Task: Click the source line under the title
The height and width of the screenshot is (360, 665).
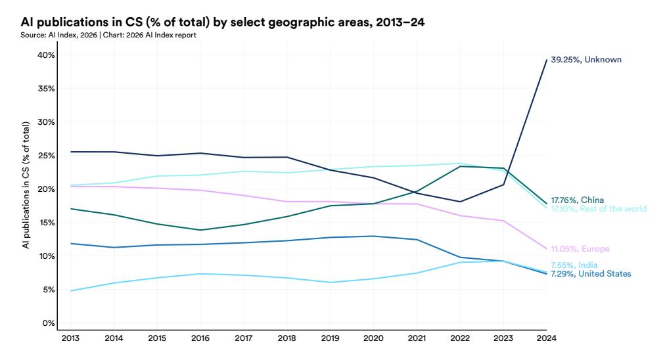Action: coord(108,35)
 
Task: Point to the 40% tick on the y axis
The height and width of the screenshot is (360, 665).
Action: coord(45,55)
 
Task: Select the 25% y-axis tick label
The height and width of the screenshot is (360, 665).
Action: coord(45,156)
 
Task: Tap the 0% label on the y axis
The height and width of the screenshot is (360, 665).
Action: coord(48,323)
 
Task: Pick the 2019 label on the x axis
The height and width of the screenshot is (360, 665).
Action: coord(330,338)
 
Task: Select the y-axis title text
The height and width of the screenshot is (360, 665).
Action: coord(26,185)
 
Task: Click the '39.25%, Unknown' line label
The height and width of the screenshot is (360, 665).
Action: coord(585,60)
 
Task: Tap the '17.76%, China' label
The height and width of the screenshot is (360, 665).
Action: coord(577,200)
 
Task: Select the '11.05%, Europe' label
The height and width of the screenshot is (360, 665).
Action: coord(580,249)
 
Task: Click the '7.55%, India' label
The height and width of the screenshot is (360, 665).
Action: coord(574,265)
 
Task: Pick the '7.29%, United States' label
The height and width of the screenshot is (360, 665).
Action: coord(590,273)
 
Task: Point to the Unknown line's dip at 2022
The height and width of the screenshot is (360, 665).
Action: coord(460,202)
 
